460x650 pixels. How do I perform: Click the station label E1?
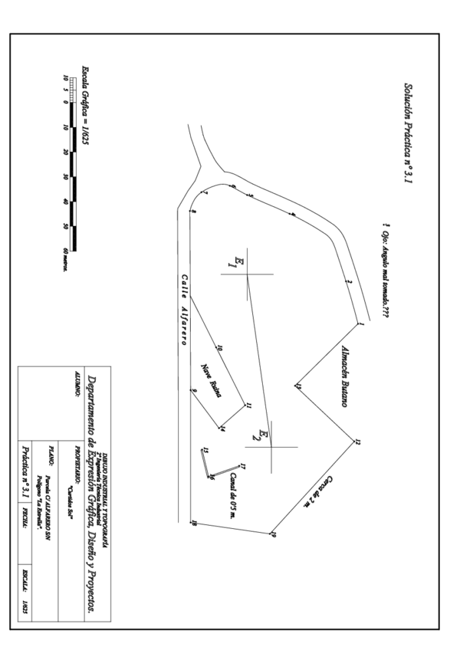click(238, 263)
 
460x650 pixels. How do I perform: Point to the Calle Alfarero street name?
click(184, 310)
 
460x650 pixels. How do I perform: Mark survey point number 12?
click(357, 442)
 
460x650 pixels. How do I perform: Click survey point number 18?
click(194, 524)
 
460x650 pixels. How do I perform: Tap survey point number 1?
click(360, 323)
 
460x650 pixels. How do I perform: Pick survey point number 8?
click(194, 212)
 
